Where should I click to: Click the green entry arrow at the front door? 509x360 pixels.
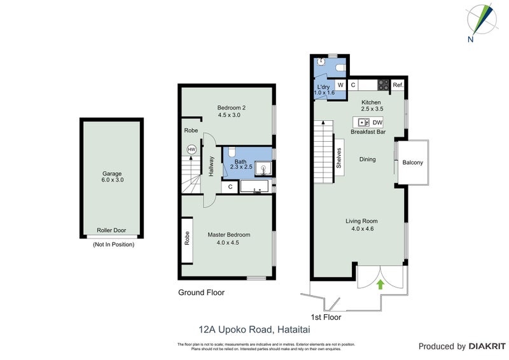[x=380, y=284]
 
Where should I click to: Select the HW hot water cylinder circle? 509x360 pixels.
[x=191, y=149]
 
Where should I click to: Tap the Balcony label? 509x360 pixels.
[x=412, y=163]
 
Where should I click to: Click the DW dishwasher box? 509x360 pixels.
[x=377, y=122]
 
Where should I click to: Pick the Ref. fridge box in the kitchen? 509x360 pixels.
[x=398, y=85]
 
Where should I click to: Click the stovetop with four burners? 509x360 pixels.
[x=384, y=84]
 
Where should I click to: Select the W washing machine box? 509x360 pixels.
[x=340, y=85]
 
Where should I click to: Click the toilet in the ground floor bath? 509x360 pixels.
[x=232, y=153]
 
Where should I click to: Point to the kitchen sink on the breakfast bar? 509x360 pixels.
[x=363, y=122]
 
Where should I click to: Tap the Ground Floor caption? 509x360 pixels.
[x=201, y=293]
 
